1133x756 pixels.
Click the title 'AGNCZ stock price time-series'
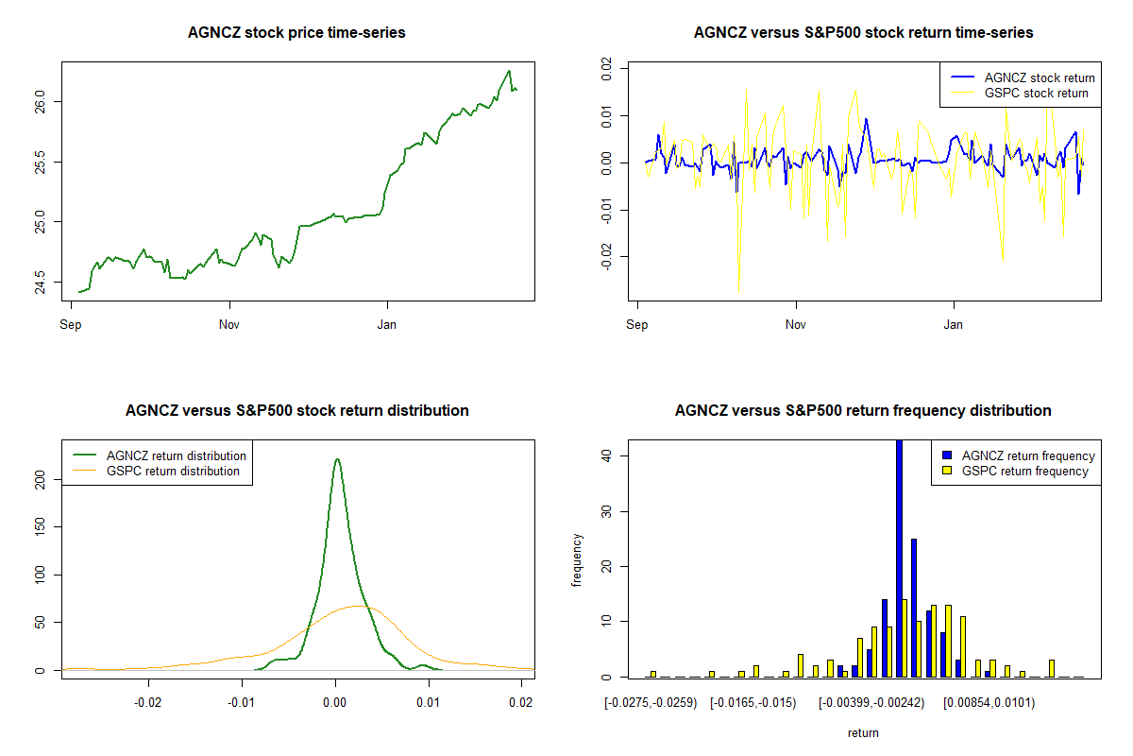coord(297,33)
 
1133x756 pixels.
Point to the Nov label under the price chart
coord(228,324)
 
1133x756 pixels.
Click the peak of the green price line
coord(509,71)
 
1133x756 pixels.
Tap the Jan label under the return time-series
coord(955,324)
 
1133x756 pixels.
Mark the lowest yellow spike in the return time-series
coord(738,292)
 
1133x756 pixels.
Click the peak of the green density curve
coord(337,460)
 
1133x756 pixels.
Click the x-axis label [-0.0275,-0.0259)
coord(651,702)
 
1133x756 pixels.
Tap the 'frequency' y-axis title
coord(577,560)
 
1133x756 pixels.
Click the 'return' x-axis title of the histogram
coord(863,732)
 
